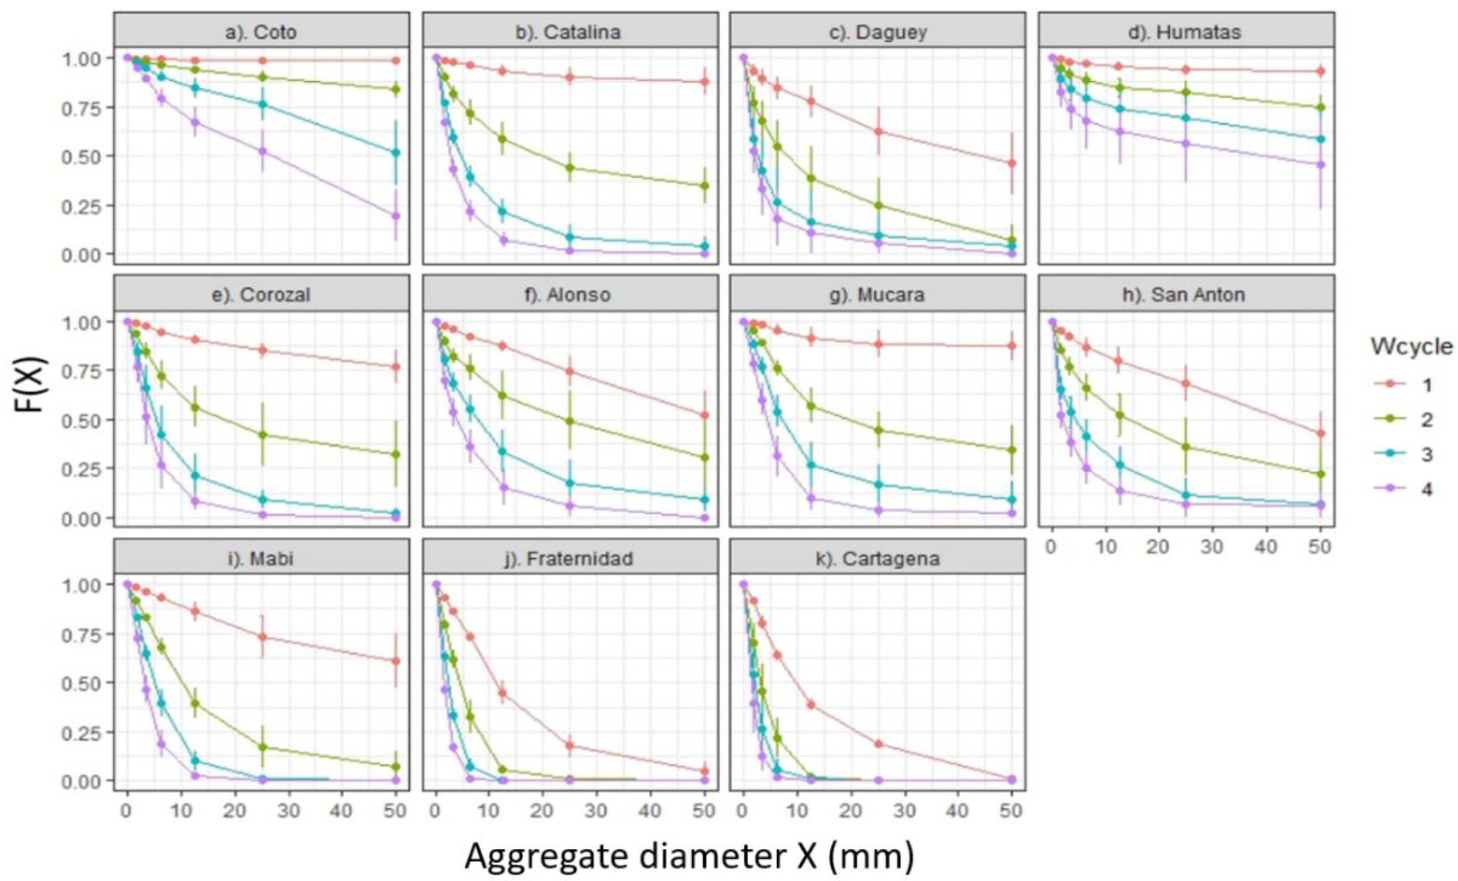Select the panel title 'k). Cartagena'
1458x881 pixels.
(x=877, y=559)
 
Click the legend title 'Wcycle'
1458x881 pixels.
(x=1411, y=347)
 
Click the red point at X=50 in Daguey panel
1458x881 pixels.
(x=1012, y=163)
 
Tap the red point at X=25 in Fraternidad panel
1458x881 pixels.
(x=570, y=746)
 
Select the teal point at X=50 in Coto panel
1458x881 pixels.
(x=396, y=152)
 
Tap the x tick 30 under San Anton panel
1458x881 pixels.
(x=1212, y=547)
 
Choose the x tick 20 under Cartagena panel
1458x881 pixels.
(x=850, y=810)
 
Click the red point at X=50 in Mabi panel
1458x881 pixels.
(x=396, y=661)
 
